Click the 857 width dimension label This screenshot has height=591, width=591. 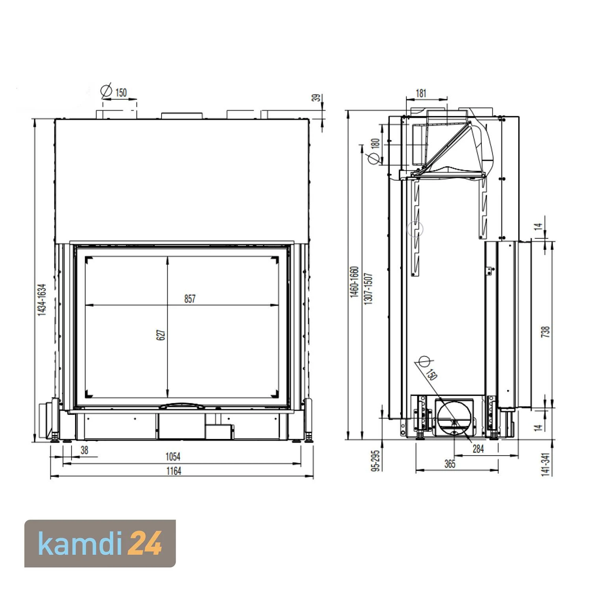190,299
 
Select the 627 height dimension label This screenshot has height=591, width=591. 161,335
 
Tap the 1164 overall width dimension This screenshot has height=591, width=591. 173,471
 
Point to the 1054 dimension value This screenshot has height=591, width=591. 173,457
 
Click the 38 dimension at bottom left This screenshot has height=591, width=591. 84,450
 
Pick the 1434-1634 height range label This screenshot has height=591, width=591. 42,299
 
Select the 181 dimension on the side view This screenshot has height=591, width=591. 421,93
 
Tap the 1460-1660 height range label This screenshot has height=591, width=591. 354,282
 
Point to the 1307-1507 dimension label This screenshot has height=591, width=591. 368,288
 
